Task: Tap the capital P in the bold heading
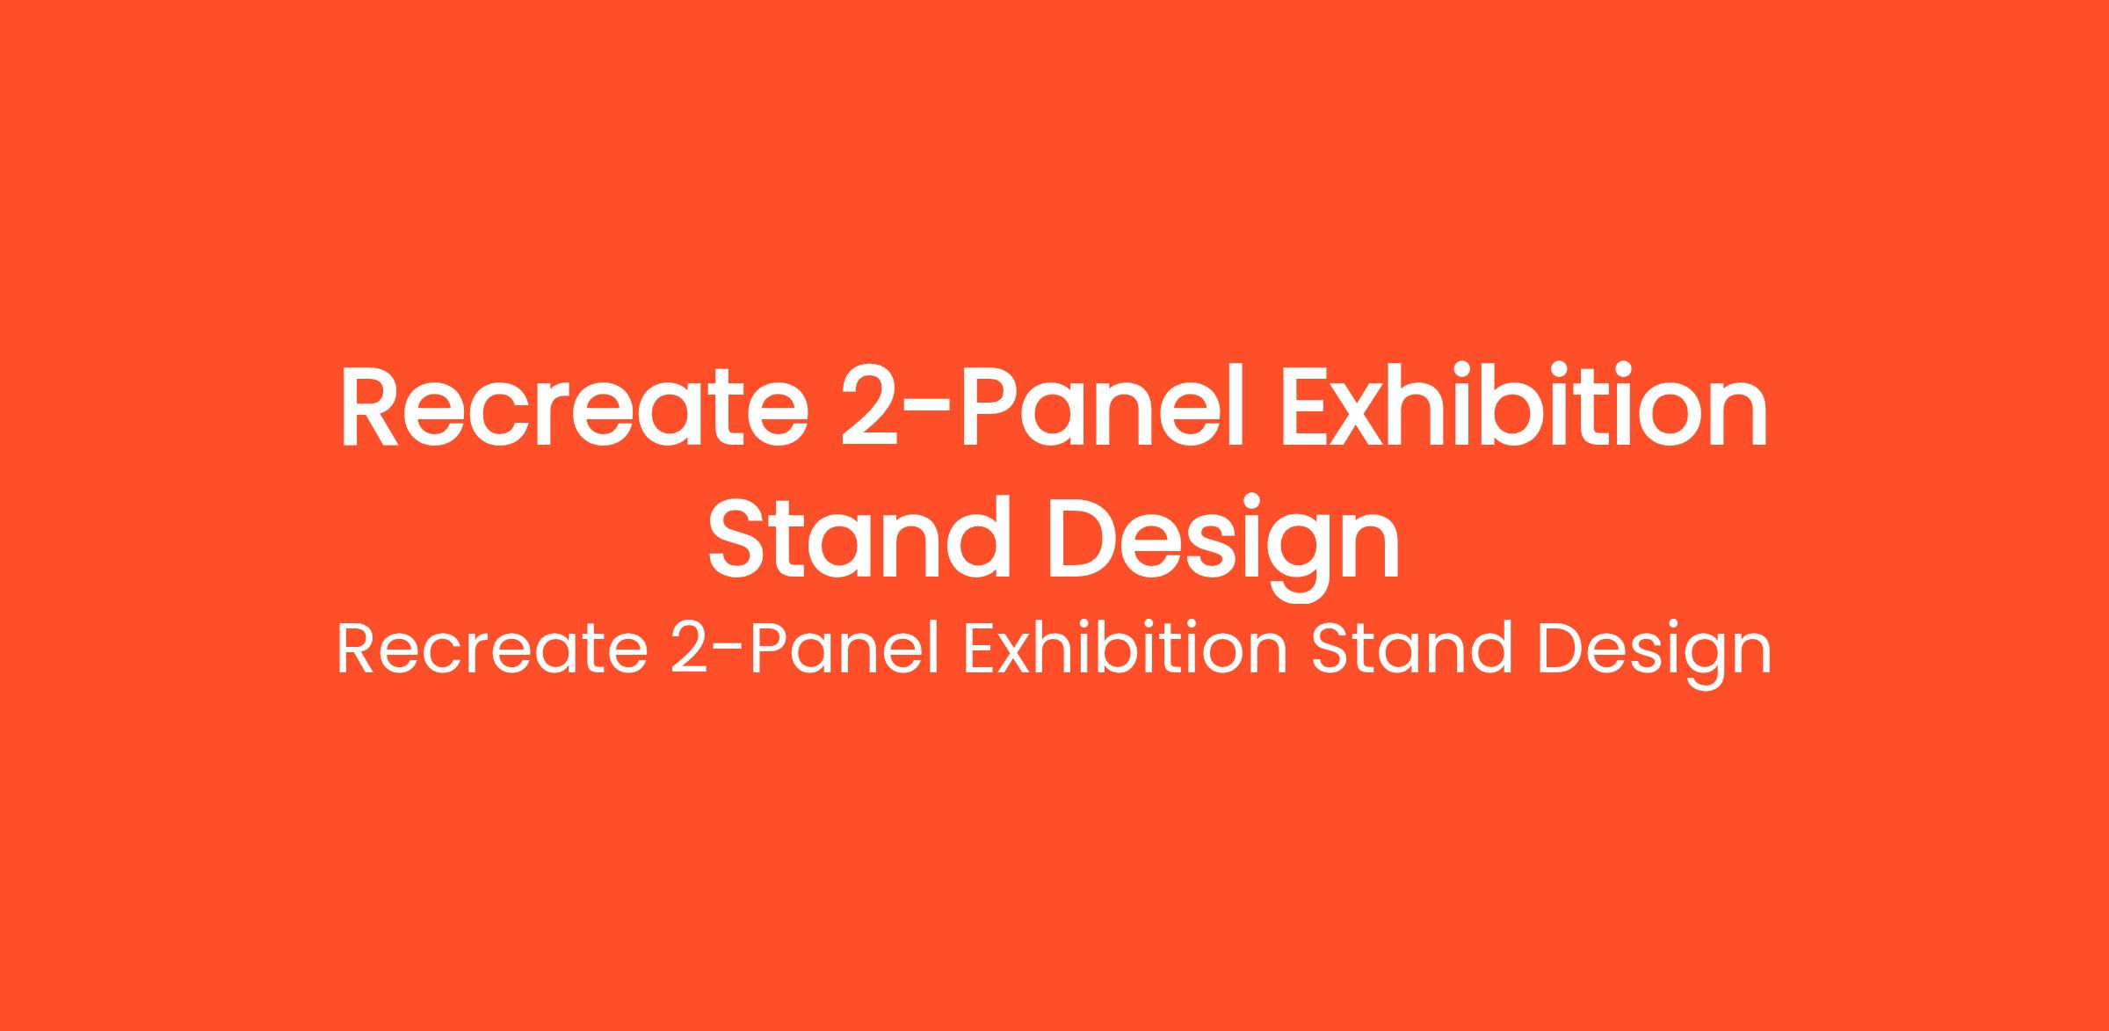tap(995, 407)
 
